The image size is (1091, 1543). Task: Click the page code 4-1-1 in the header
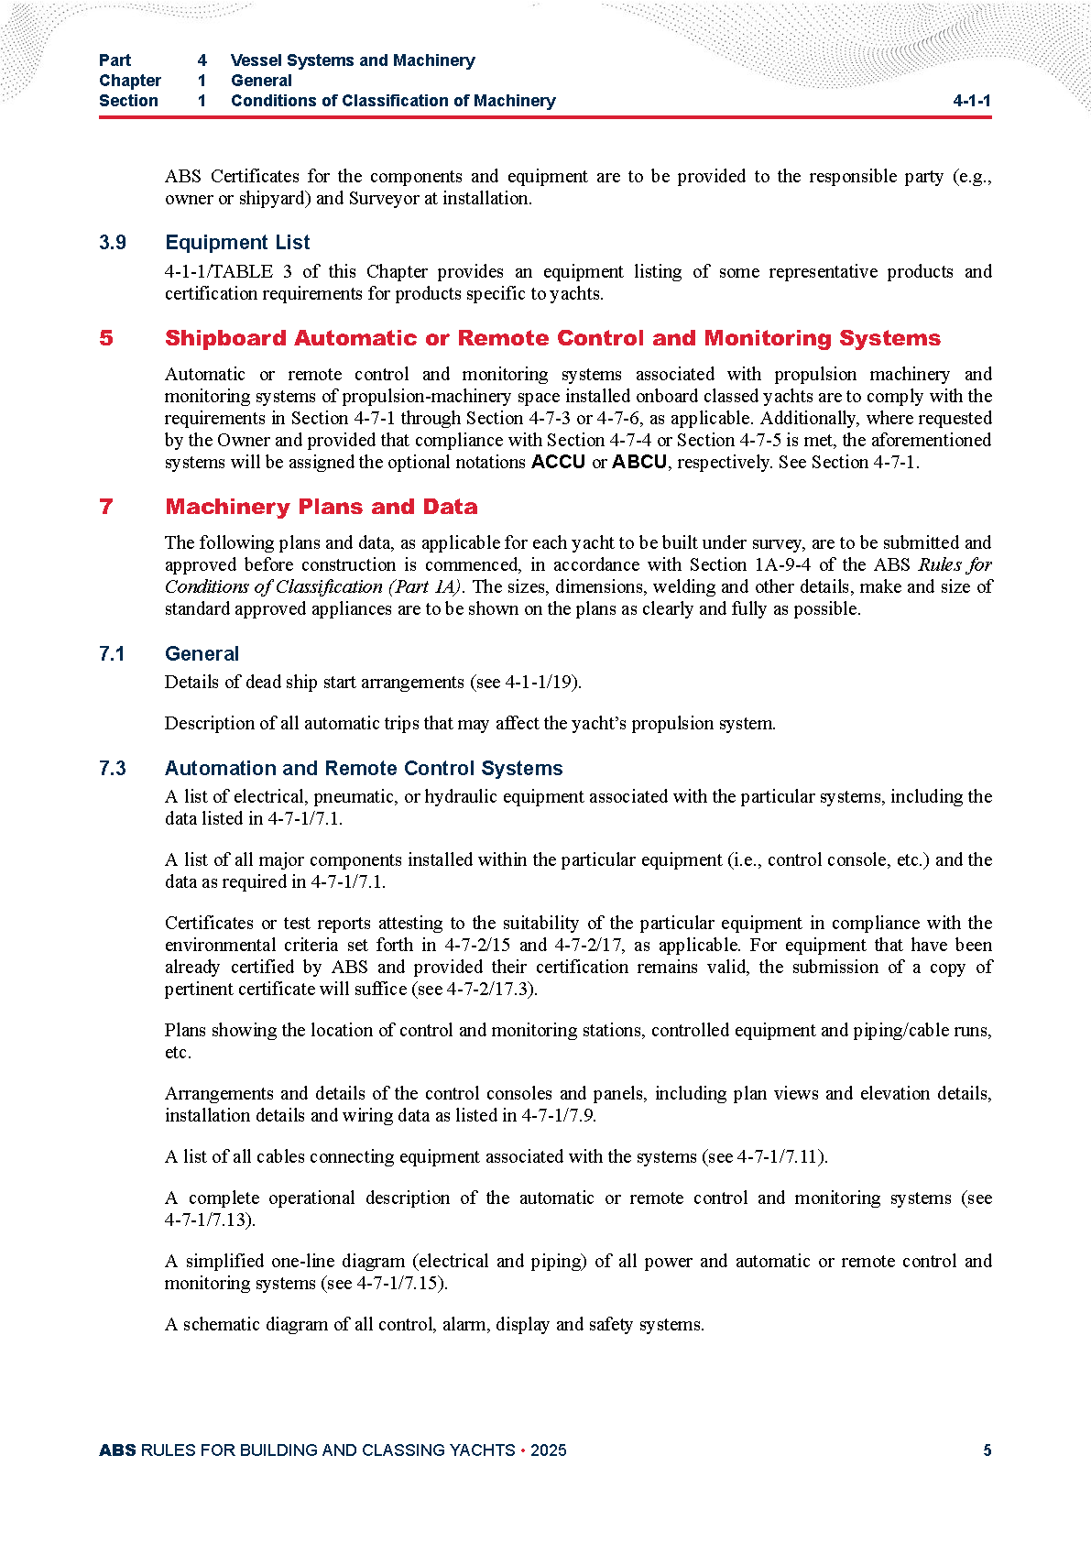click(x=971, y=101)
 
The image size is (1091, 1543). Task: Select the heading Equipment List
click(x=237, y=243)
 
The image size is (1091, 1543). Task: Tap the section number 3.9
click(x=113, y=243)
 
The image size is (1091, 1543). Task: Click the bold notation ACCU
click(x=558, y=462)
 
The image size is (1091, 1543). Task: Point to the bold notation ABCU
click(x=639, y=462)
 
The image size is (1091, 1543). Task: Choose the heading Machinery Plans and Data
click(x=322, y=507)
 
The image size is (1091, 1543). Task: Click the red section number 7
click(x=106, y=507)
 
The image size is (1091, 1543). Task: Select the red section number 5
click(x=106, y=338)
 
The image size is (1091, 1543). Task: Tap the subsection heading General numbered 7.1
click(x=202, y=654)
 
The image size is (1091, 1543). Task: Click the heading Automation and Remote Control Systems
click(x=364, y=769)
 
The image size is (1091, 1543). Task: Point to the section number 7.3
click(x=113, y=769)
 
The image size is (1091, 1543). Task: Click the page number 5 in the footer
click(x=987, y=1450)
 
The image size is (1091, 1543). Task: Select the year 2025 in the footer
click(x=548, y=1450)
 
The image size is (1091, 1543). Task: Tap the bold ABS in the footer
click(x=117, y=1450)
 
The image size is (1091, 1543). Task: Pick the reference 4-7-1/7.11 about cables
click(x=778, y=1157)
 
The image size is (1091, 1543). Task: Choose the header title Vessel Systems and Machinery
click(x=353, y=60)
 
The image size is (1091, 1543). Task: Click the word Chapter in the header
click(x=130, y=81)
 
